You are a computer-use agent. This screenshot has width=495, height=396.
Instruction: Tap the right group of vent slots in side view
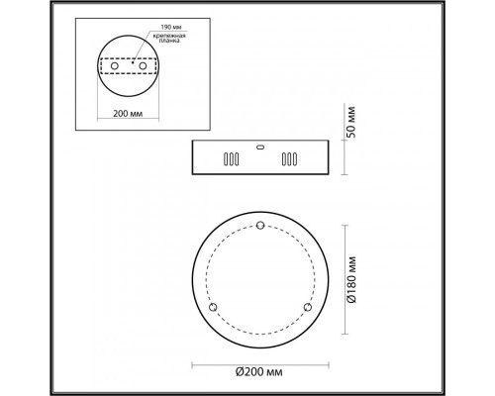tap(289, 158)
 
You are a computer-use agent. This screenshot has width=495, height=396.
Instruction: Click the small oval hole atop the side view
tap(259, 146)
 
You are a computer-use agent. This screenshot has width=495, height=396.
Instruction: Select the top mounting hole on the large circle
tap(259, 227)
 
